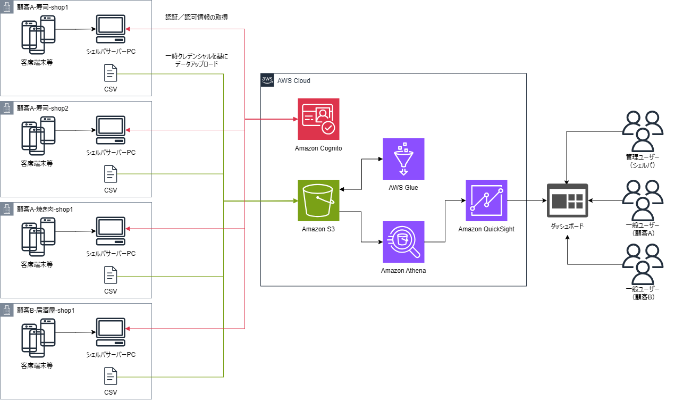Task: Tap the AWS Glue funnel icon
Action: coord(403,159)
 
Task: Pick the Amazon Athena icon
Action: coord(403,242)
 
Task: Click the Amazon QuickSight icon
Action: coord(486,200)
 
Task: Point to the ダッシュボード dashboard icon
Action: coord(568,200)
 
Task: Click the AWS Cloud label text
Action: coord(293,81)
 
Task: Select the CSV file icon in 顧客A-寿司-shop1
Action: coord(111,72)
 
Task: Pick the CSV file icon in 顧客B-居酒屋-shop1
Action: coord(111,377)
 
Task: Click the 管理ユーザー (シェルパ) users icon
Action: coord(642,131)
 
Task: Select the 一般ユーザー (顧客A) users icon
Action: coord(642,201)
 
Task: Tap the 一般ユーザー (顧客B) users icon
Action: coord(642,264)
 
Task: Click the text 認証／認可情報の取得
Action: coord(197,18)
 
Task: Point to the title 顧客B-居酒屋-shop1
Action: coord(46,310)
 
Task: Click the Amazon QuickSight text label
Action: coord(486,229)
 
